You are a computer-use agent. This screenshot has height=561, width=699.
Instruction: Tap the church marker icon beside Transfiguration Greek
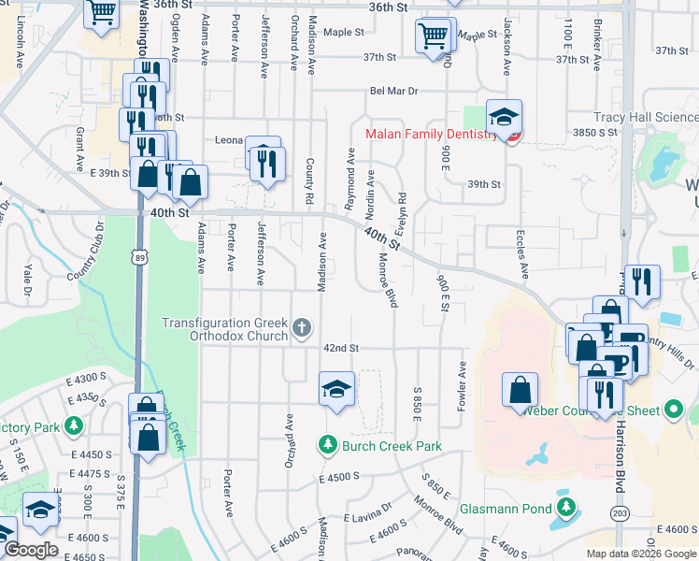[x=301, y=328]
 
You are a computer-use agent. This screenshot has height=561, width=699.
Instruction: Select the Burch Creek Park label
[x=391, y=446]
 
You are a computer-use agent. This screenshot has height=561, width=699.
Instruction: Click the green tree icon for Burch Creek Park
[x=327, y=445]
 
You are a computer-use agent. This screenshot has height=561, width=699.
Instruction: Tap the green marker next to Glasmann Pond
[x=565, y=508]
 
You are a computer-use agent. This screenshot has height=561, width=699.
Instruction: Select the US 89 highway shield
[x=138, y=257]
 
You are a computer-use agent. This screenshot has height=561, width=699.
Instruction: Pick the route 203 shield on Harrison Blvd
[x=619, y=513]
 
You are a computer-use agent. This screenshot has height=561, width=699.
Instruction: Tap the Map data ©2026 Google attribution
[x=640, y=554]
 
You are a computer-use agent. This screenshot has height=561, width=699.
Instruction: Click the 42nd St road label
[x=341, y=348]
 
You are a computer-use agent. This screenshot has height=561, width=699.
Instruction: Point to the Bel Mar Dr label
[x=393, y=92]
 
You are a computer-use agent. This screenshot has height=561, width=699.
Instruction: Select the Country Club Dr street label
[x=99, y=252]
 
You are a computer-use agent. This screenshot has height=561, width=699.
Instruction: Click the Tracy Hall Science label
[x=646, y=118]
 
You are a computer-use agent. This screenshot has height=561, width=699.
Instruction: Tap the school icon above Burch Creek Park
[x=336, y=388]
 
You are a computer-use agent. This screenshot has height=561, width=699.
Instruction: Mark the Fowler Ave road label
[x=462, y=383]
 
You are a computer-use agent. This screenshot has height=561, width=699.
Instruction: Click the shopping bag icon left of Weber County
[x=520, y=390]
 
